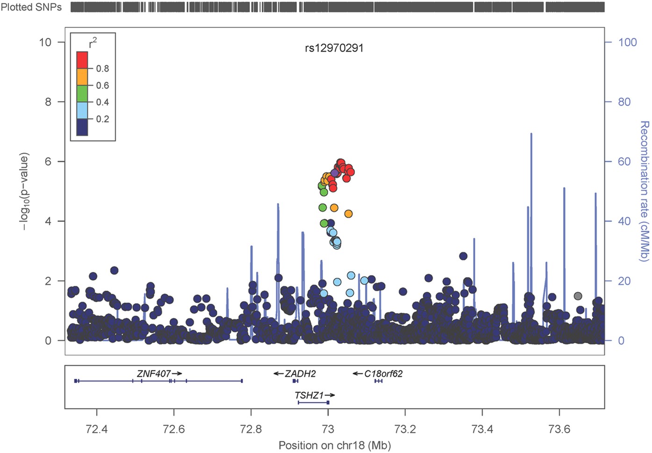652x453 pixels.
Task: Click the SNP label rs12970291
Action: tap(334, 48)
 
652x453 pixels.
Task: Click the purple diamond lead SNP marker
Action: tap(335, 173)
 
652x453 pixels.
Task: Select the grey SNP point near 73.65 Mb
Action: tap(578, 296)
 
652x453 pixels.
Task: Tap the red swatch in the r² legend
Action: tap(82, 60)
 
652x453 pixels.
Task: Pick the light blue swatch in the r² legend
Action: tap(82, 110)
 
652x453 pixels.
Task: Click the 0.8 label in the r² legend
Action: tap(102, 69)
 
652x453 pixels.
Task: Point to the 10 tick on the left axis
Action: tap(45, 42)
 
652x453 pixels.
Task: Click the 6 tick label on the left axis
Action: tap(48, 162)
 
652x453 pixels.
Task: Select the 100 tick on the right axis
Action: tap(627, 42)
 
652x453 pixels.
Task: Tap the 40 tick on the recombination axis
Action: tap(624, 221)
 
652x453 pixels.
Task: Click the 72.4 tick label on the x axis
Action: tap(97, 429)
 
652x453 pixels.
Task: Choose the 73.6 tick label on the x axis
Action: tap(559, 429)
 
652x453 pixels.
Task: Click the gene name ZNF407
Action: tap(154, 374)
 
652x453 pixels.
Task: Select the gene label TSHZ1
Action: tap(309, 395)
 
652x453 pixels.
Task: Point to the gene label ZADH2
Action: tap(300, 374)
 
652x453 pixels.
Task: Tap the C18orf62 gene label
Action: tap(383, 374)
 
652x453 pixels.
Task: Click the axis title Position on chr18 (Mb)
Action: tap(334, 446)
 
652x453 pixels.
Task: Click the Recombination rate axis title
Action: tap(644, 191)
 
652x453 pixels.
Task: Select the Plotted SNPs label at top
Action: tap(31, 7)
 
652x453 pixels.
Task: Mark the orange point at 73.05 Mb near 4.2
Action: tap(348, 213)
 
